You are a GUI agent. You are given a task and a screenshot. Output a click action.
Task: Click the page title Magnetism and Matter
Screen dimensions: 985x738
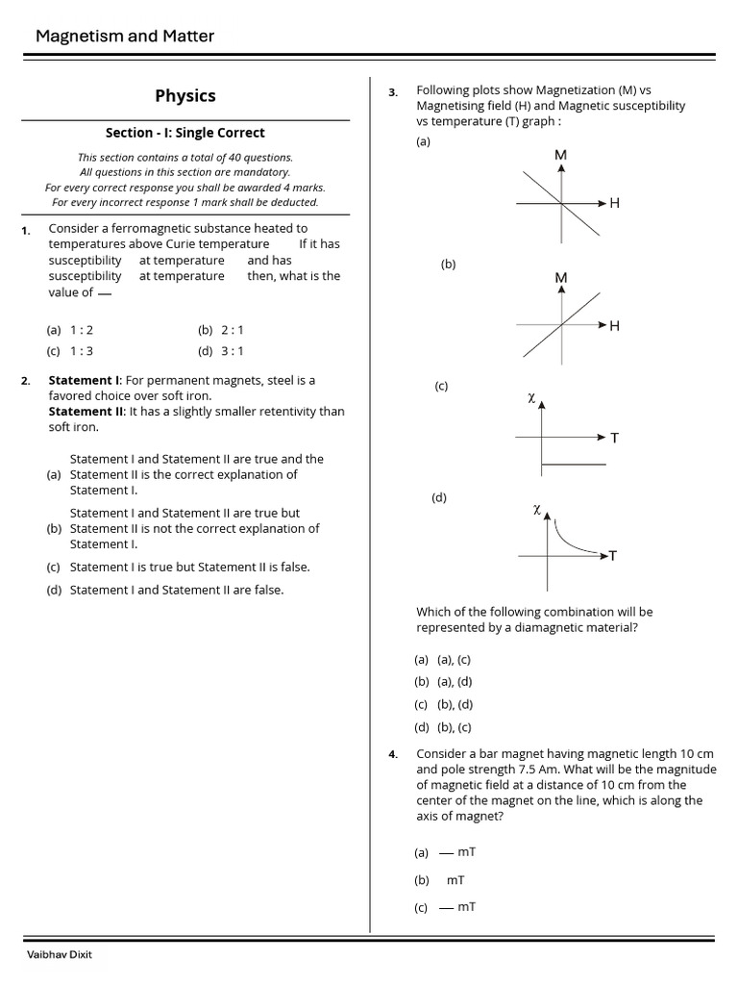(x=125, y=37)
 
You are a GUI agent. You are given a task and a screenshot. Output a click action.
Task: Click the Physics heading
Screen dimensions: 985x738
(x=185, y=96)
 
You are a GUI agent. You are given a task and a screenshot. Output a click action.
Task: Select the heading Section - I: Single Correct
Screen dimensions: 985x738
(x=185, y=133)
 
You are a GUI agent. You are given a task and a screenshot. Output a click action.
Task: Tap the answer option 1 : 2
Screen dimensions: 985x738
(x=82, y=330)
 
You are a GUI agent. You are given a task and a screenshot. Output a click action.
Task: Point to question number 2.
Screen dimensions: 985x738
(x=26, y=381)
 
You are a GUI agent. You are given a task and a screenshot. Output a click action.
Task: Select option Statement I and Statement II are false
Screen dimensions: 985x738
(x=177, y=590)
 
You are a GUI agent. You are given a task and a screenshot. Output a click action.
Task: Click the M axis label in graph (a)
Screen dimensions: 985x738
(x=561, y=155)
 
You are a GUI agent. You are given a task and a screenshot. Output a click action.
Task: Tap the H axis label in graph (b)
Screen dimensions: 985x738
(x=615, y=326)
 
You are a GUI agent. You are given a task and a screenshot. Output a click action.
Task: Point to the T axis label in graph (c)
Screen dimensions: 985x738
(x=615, y=438)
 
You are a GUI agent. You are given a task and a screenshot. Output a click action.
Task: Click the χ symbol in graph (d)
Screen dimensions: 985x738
(x=537, y=509)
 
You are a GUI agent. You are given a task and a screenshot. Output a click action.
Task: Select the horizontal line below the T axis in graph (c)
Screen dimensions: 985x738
(x=574, y=465)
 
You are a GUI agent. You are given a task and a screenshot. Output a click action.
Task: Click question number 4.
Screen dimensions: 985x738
(x=393, y=754)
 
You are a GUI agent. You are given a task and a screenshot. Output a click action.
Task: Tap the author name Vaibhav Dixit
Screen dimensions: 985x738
(x=60, y=954)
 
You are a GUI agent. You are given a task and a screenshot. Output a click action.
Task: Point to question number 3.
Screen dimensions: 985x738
(x=393, y=92)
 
